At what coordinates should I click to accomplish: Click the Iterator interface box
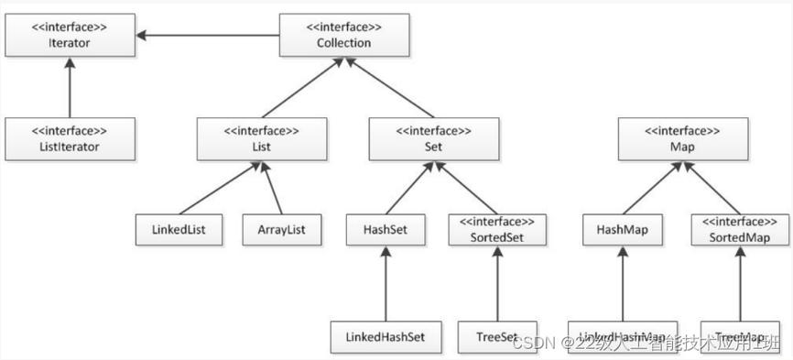pos(69,35)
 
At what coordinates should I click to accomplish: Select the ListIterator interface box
pos(69,138)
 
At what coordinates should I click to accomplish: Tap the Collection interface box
pos(344,35)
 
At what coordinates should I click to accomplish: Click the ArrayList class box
pos(282,229)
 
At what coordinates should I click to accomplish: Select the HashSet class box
pos(385,229)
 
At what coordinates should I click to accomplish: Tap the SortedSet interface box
pos(497,229)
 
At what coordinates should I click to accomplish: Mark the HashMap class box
pos(622,229)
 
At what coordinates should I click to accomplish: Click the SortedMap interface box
pos(739,229)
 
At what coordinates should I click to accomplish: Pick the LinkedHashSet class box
pos(385,335)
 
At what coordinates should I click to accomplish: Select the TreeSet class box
pos(497,335)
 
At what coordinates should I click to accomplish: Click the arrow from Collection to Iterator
pos(211,36)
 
